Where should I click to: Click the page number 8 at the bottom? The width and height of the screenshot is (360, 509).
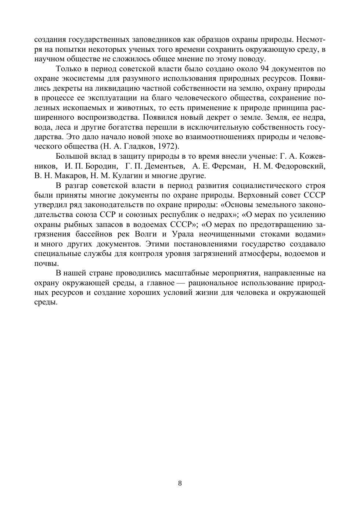point(180,483)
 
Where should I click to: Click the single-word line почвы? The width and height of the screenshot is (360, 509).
point(46,264)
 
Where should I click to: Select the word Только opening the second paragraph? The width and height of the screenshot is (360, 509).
point(68,69)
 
